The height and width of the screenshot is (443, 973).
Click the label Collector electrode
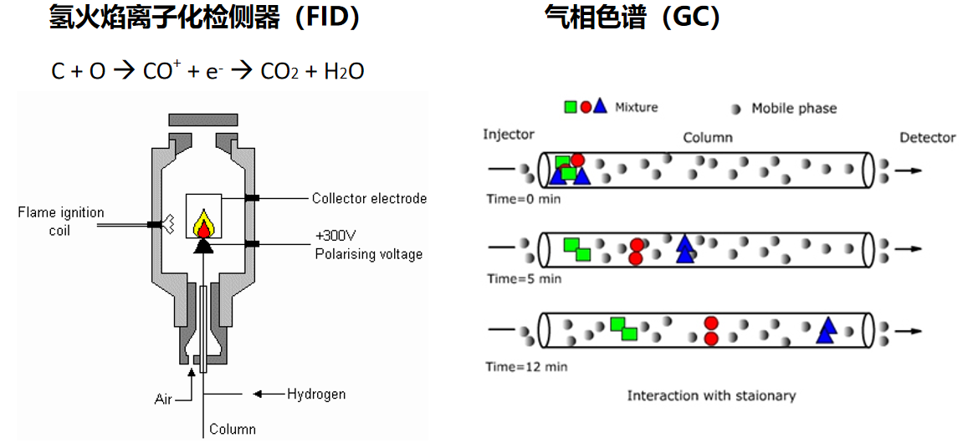tap(369, 199)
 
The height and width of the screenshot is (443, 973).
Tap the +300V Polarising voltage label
tap(368, 245)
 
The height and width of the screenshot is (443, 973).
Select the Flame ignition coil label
tap(60, 221)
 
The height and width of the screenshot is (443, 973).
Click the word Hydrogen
tap(316, 394)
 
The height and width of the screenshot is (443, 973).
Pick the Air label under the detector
tap(163, 399)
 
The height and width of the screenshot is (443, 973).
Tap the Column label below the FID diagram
tap(233, 430)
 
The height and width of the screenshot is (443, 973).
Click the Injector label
tap(508, 135)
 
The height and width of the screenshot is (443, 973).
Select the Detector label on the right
tap(927, 137)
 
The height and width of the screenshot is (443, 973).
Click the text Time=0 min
tap(524, 199)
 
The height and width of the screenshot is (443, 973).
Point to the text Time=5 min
tap(524, 278)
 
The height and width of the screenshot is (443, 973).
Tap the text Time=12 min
tap(527, 366)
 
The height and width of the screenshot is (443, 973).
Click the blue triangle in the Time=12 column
tap(827, 331)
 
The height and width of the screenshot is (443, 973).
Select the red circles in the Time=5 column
tap(637, 252)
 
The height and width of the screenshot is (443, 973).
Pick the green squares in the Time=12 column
tap(623, 328)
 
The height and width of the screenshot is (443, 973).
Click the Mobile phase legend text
tap(793, 108)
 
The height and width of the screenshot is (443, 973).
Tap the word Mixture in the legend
tap(636, 107)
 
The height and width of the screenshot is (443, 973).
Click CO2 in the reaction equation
tap(281, 72)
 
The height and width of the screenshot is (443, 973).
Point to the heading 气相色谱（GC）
tap(632, 18)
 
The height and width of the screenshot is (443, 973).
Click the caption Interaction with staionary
tap(711, 395)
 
